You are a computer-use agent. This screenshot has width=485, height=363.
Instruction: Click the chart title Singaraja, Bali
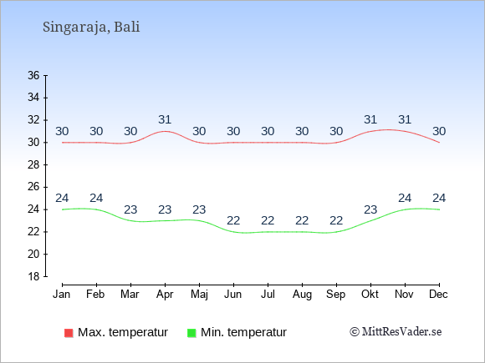(x=91, y=28)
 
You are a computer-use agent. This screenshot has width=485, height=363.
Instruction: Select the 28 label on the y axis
(x=33, y=165)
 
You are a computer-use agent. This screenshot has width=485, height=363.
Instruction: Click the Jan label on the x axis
(x=62, y=295)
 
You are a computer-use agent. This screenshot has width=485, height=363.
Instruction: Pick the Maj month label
(x=199, y=295)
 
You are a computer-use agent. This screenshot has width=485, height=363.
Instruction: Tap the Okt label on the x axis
(x=370, y=295)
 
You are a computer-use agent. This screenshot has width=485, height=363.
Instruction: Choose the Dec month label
(x=439, y=295)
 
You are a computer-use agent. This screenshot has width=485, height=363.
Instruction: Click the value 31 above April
(x=165, y=119)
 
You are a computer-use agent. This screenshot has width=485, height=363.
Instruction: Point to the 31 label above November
(x=405, y=119)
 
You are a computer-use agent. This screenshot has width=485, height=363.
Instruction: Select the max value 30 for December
(x=439, y=132)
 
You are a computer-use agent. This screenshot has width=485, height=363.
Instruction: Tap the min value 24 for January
(x=62, y=198)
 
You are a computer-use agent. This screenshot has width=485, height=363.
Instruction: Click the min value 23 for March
(x=130, y=210)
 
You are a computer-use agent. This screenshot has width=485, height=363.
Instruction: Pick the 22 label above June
(x=233, y=220)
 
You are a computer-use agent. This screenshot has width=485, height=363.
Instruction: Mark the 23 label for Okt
(x=370, y=210)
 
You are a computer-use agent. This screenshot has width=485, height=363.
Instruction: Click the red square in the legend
(x=69, y=333)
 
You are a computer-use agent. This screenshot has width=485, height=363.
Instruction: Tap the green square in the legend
(x=191, y=333)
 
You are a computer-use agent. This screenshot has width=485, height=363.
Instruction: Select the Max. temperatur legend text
(x=123, y=332)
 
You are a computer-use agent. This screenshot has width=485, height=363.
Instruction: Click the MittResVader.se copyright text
(x=396, y=332)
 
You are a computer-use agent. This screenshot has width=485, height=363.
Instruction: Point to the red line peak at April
(x=166, y=131)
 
